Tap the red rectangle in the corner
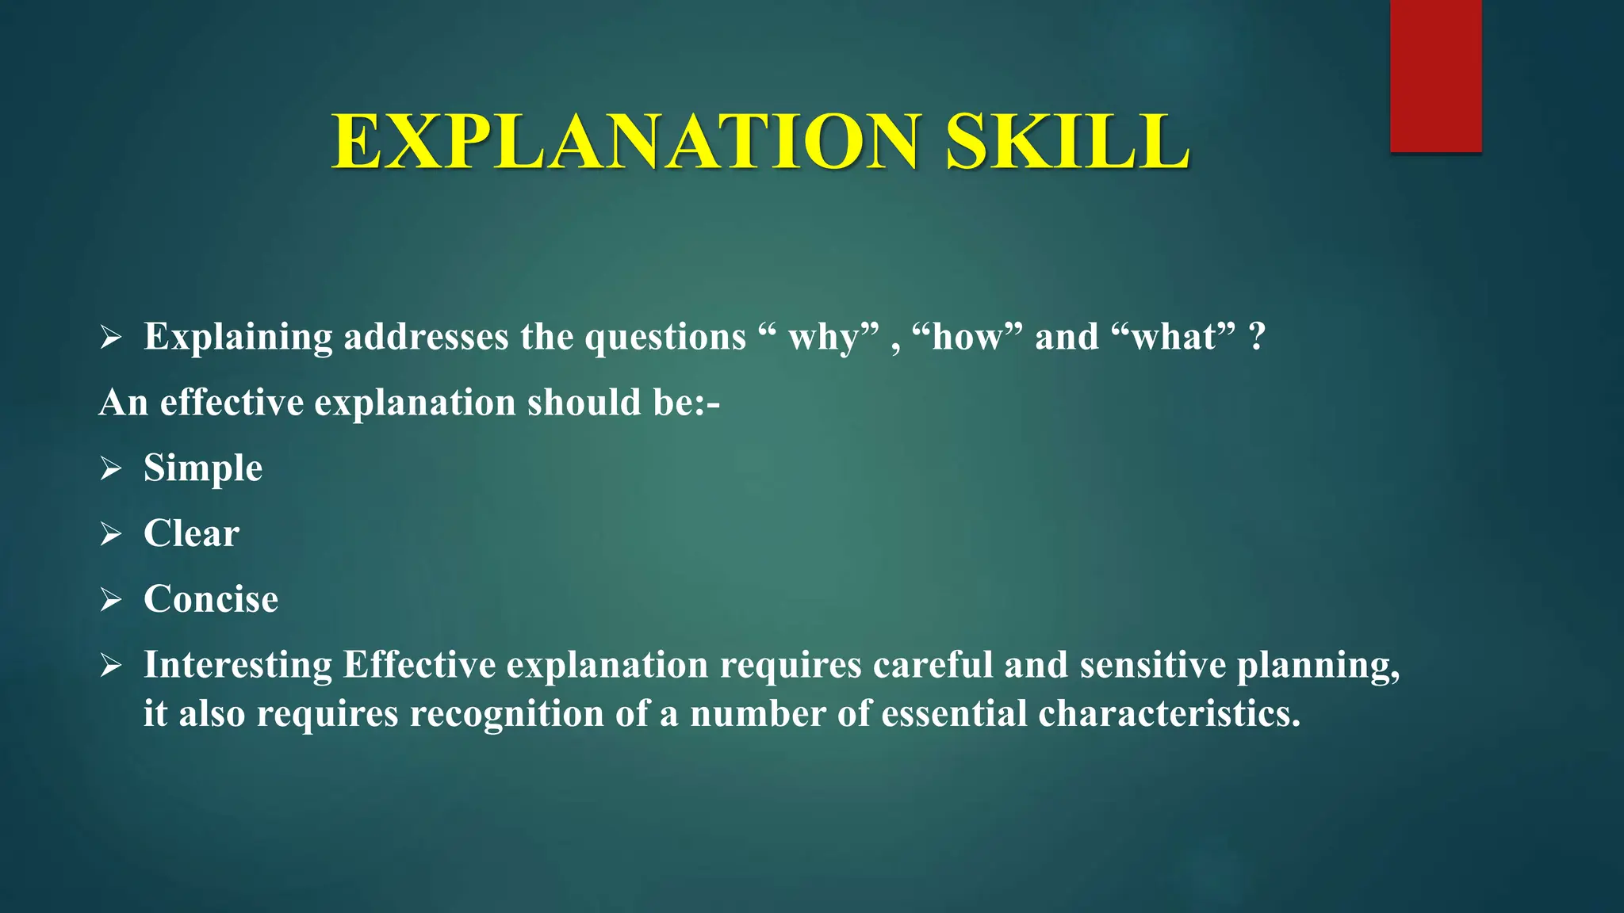pos(1435,75)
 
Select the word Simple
pos(203,468)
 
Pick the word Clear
pos(191,533)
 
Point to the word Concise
pos(211,599)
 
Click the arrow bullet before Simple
pos(111,468)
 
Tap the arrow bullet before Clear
pos(111,534)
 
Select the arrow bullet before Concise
pos(111,600)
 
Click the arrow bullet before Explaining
pos(111,338)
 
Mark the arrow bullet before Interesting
pos(111,666)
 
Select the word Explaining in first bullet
pos(238,338)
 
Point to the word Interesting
pos(238,665)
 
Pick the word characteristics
pos(1169,713)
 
